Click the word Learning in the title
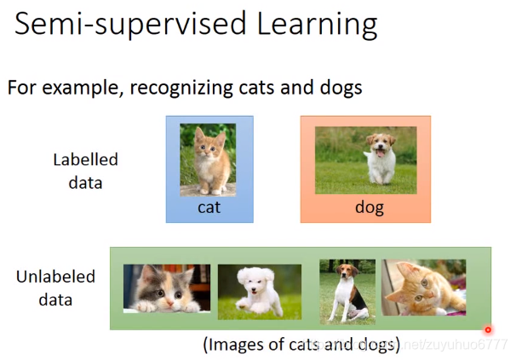coord(317,25)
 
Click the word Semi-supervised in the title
coord(130,25)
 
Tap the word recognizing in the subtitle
coord(181,89)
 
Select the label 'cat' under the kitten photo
coord(209,208)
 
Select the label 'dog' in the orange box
coord(370,209)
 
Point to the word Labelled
coord(85,160)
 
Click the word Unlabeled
coord(55,277)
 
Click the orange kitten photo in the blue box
coord(208,160)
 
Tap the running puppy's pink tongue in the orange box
coord(380,153)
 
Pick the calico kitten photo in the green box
coord(167,289)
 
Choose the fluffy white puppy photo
coord(260,292)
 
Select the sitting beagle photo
coord(347,292)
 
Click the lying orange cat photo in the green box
coord(423,288)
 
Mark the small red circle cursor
coord(488,329)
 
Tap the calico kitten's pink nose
coord(170,301)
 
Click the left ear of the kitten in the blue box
coord(198,134)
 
